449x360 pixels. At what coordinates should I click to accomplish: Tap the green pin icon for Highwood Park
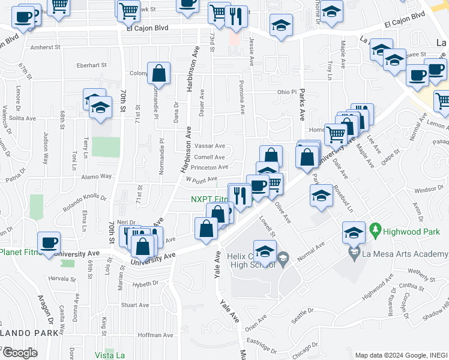pos(376,229)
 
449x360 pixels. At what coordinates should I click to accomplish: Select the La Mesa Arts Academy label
pos(405,255)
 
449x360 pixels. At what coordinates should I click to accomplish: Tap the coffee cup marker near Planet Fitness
pos(49,243)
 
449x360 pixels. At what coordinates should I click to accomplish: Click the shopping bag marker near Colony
pos(158,74)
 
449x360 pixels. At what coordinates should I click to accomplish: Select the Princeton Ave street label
pos(210,167)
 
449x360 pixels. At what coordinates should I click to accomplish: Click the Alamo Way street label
pos(97,176)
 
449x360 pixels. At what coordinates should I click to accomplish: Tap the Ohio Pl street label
pos(287,92)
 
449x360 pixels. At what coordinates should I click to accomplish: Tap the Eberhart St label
pos(91,65)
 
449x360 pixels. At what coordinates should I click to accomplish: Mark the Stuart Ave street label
pos(134,305)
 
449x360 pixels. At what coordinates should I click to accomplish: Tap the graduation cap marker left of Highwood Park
pos(354,232)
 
